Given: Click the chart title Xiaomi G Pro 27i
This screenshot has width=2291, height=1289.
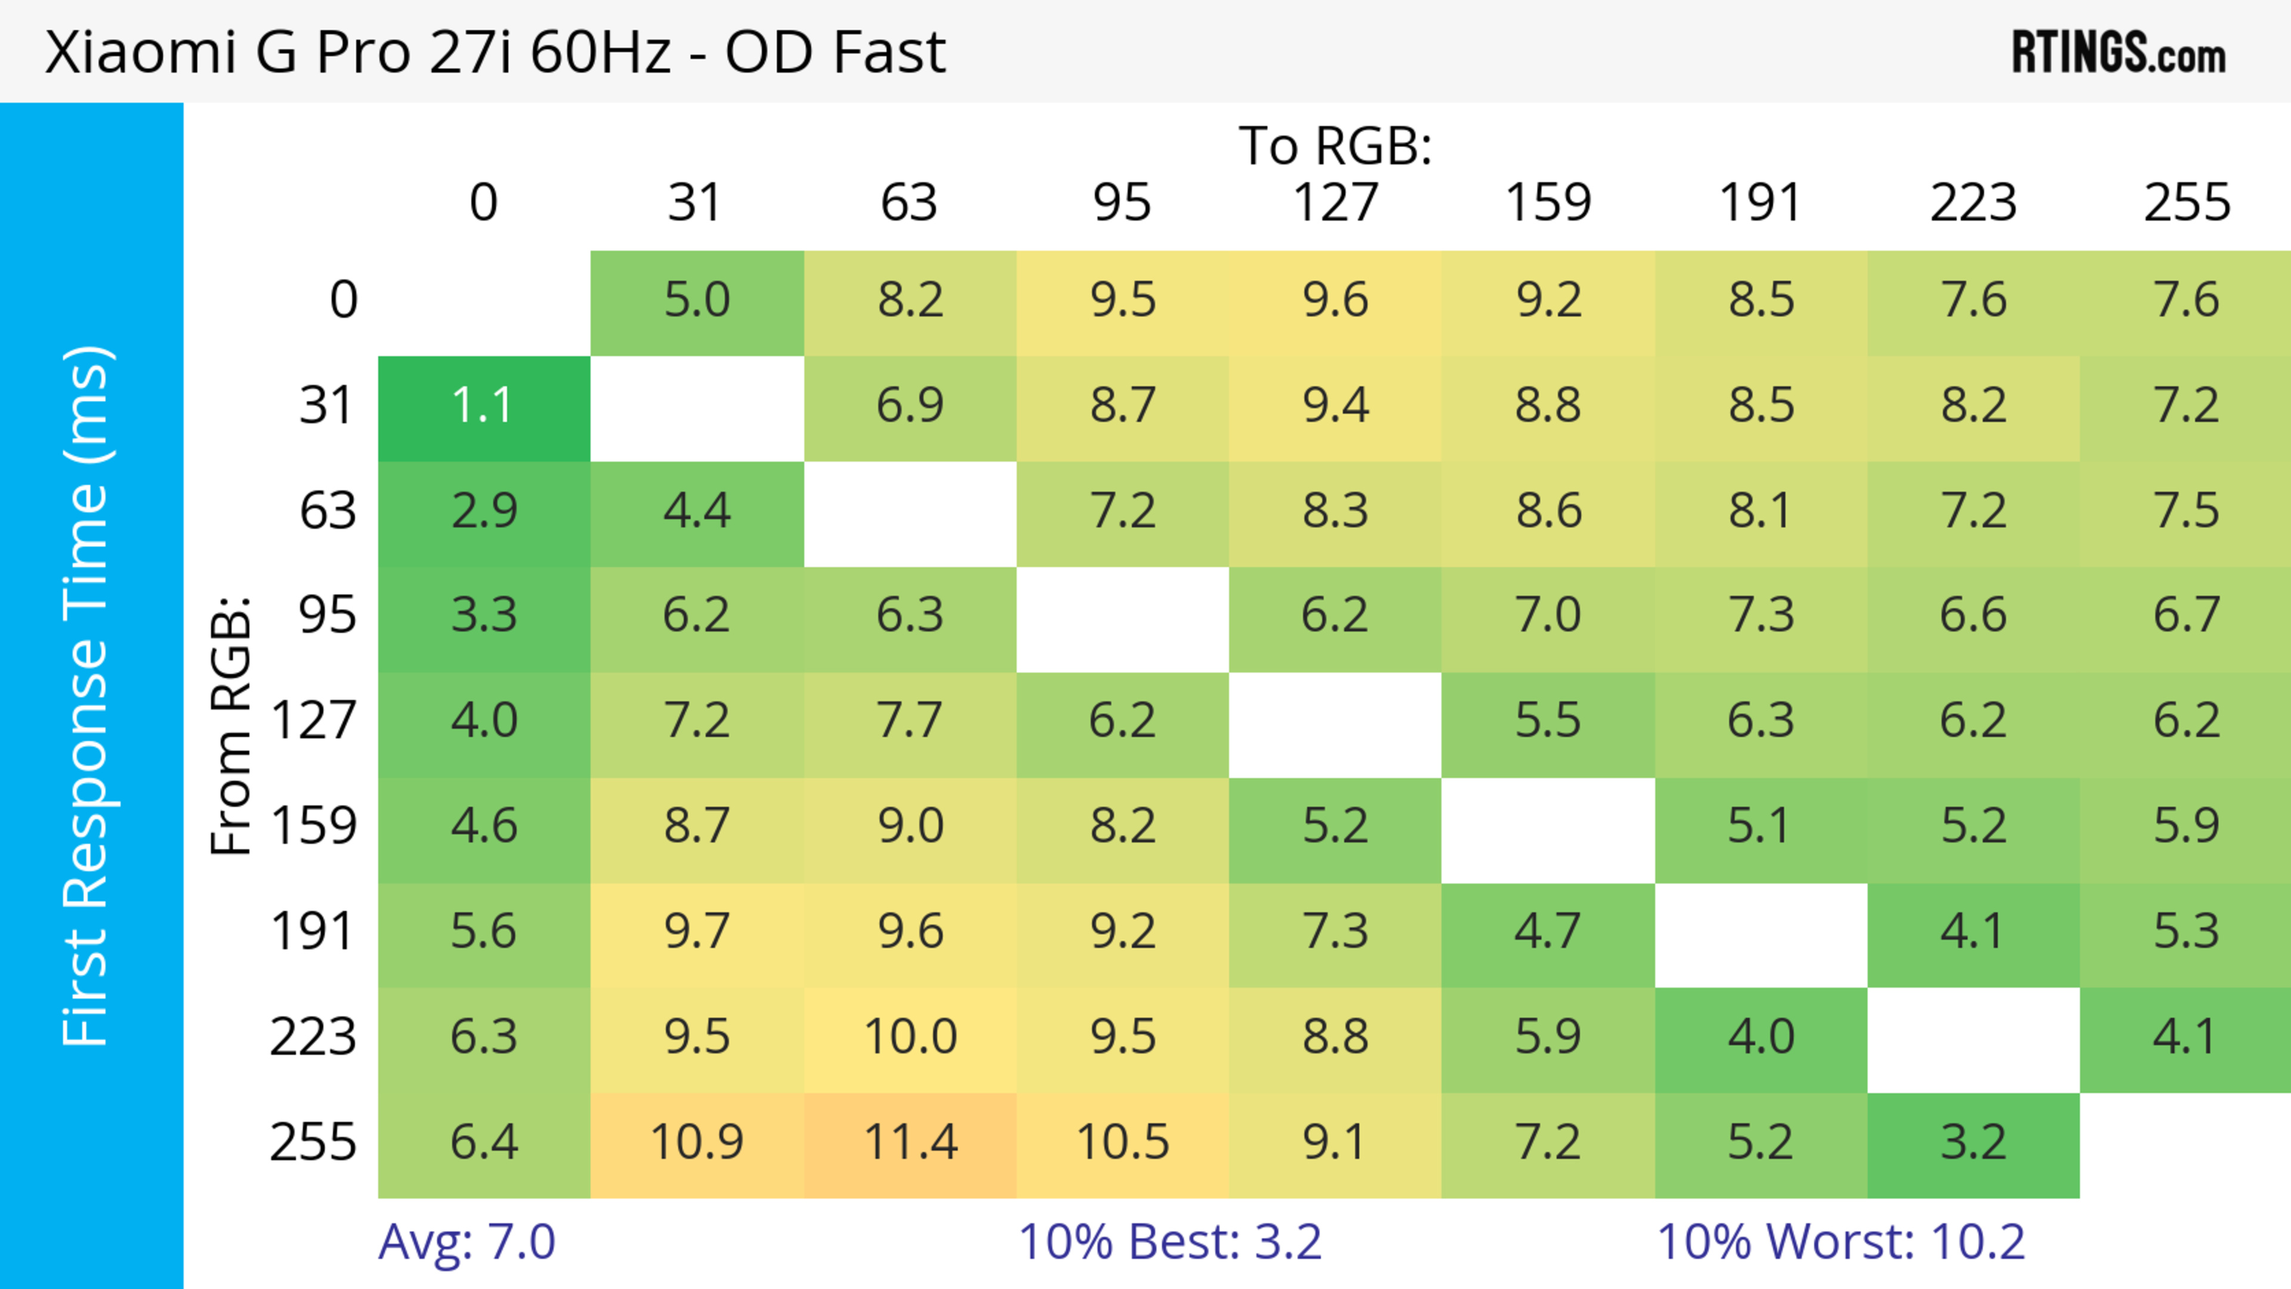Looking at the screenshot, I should point(495,51).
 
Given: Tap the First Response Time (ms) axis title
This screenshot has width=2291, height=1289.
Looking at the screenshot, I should point(87,695).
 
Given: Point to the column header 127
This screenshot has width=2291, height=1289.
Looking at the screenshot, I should point(1335,203).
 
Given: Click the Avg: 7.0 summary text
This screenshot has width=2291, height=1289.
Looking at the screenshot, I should point(467,1242).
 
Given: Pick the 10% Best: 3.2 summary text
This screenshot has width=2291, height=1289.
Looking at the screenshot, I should point(1169,1242).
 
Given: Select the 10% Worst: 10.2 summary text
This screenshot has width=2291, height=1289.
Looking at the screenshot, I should point(1840,1242).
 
